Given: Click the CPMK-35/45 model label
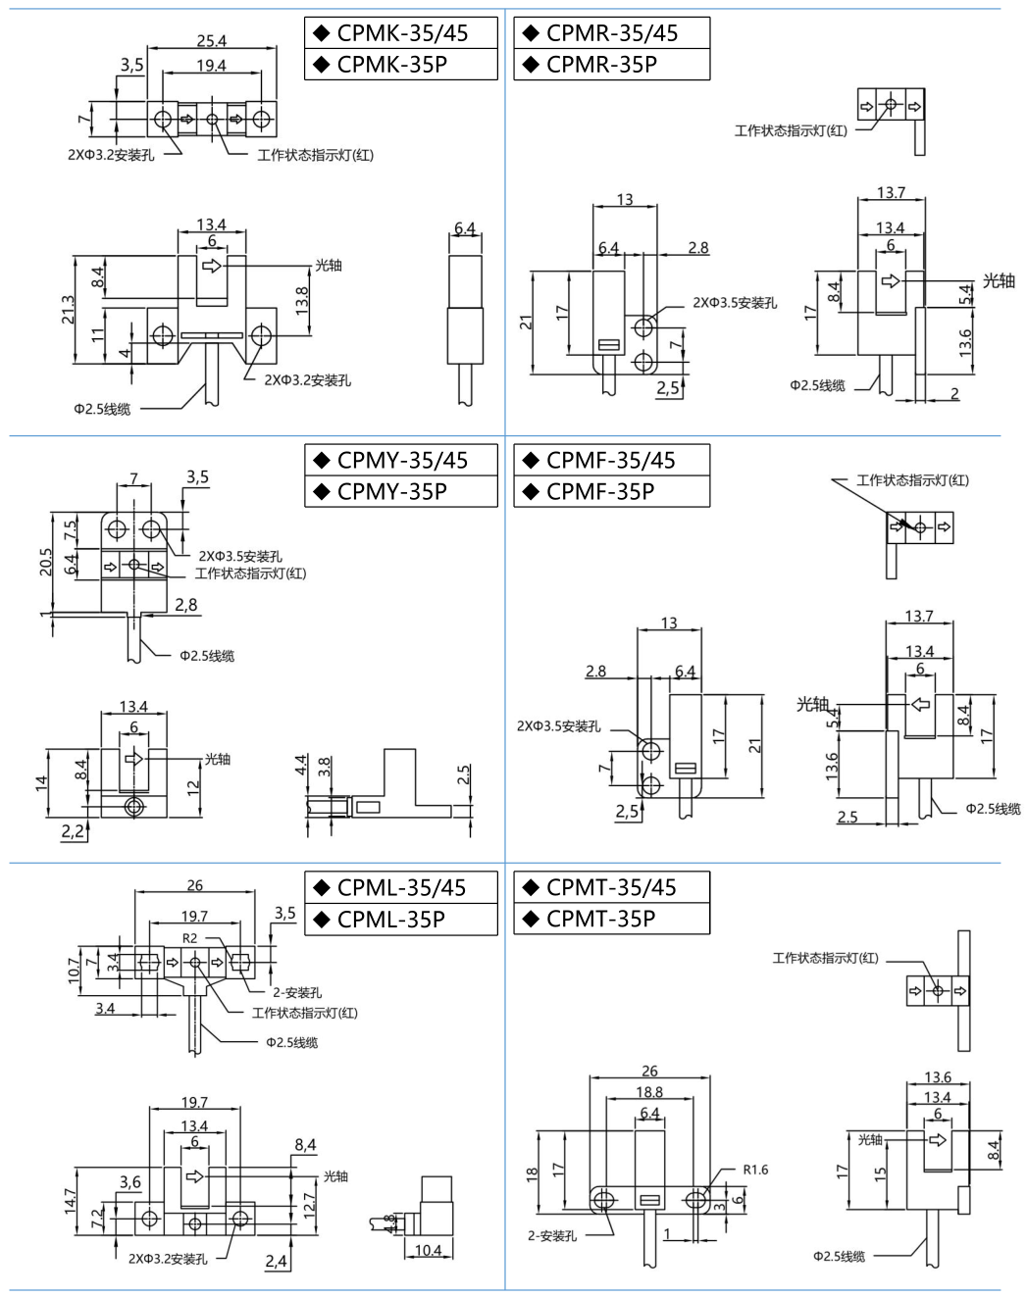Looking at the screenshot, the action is tap(402, 33).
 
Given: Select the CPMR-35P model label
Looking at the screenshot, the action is tap(601, 65).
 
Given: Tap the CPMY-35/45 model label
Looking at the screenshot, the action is tap(402, 461).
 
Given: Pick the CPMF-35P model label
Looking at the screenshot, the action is tap(600, 492).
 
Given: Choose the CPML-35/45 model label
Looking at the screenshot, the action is tap(401, 888).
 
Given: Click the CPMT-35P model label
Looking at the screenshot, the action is tap(600, 919).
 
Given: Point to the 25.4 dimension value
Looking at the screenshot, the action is tap(212, 40).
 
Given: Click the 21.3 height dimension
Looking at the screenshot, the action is tap(68, 309).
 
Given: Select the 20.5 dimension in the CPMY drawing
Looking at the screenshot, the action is tap(46, 562).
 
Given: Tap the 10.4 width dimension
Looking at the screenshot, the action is tap(428, 1250).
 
